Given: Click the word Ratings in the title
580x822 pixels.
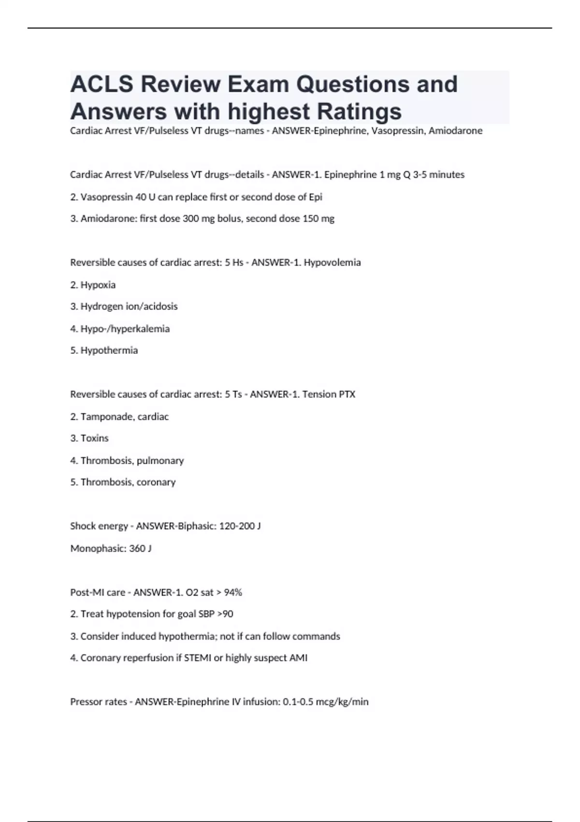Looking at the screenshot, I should click(x=359, y=111).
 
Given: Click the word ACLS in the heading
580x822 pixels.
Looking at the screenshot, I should click(x=101, y=84).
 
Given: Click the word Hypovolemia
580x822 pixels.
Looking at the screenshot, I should click(x=332, y=263).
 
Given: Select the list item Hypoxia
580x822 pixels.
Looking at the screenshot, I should click(x=98, y=285).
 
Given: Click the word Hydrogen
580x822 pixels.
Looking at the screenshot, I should click(x=102, y=307).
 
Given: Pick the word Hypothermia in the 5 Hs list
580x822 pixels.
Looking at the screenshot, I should click(x=109, y=350).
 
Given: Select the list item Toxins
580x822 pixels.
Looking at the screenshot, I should click(x=95, y=438).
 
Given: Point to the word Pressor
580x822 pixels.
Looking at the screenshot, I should click(x=85, y=702).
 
